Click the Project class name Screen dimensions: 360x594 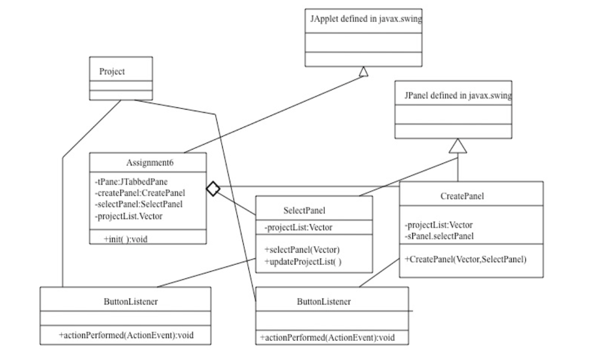click(112, 72)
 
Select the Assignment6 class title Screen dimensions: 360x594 click(150, 162)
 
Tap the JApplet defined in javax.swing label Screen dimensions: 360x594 click(365, 19)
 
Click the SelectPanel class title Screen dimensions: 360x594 click(305, 210)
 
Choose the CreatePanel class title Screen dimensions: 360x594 click(462, 196)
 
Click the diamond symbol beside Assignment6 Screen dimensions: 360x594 click(213, 188)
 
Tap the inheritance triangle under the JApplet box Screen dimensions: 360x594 click(363, 71)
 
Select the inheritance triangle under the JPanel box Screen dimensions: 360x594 click(458, 146)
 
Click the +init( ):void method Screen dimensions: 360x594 click(125, 239)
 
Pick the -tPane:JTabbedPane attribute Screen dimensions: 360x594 click(131, 181)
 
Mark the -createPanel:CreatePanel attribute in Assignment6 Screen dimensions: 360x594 click(140, 192)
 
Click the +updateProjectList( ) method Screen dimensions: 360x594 click(303, 262)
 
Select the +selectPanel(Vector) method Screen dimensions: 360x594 click(302, 250)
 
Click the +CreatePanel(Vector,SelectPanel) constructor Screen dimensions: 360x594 click(465, 259)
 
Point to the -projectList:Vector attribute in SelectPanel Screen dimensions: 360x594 click(299, 228)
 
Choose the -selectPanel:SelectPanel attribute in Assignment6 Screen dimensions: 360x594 click(139, 204)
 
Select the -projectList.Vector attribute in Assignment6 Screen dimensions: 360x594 click(129, 216)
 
